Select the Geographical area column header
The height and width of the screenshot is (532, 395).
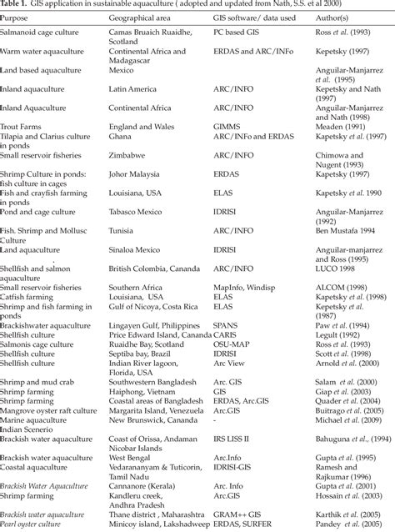coord(141,17)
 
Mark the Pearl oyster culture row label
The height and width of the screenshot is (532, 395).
coord(33,526)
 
